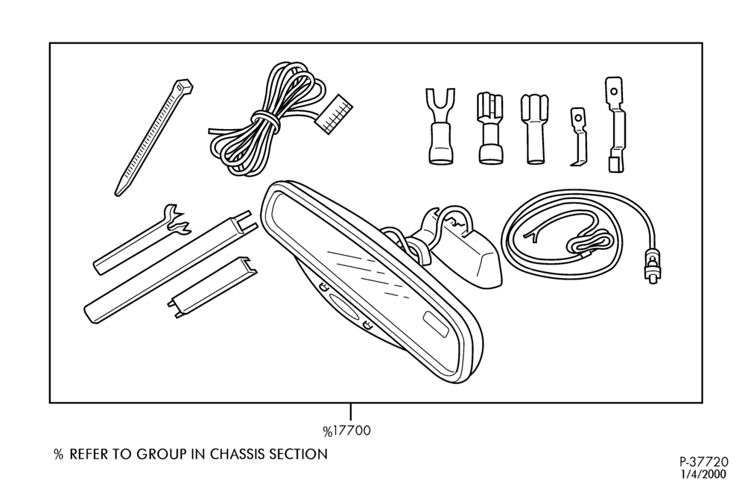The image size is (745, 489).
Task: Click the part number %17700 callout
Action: (x=347, y=431)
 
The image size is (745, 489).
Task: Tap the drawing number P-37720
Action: (x=703, y=462)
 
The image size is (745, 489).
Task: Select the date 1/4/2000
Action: (x=704, y=474)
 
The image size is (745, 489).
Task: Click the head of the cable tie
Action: (x=184, y=86)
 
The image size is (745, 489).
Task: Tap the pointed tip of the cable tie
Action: (x=118, y=193)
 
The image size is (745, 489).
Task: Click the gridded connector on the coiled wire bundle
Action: (x=335, y=113)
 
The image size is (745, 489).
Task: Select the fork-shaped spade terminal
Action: (x=440, y=126)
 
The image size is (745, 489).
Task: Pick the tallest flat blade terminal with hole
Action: (x=615, y=124)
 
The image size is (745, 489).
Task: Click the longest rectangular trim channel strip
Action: (x=171, y=267)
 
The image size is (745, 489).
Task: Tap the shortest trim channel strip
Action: (x=212, y=288)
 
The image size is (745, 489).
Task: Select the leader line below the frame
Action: (x=351, y=411)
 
